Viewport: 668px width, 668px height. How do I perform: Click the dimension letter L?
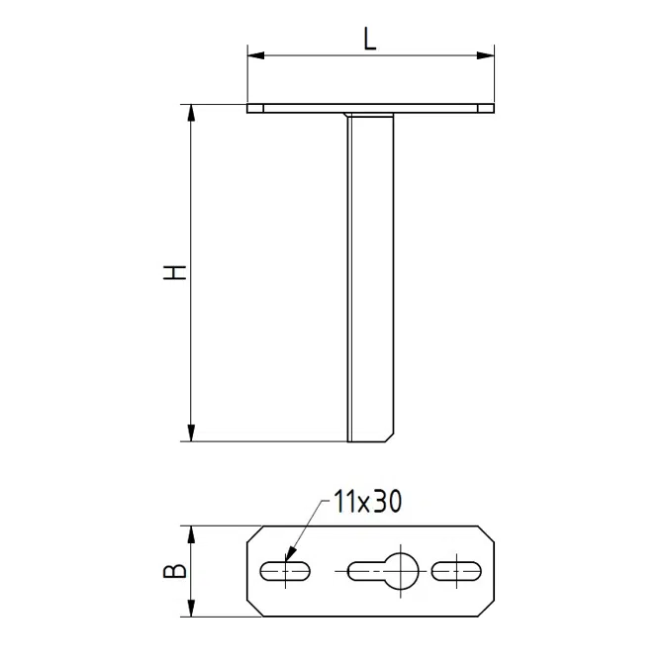pos(370,39)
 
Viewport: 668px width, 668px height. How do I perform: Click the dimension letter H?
pos(175,272)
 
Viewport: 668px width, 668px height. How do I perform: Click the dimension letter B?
pos(175,571)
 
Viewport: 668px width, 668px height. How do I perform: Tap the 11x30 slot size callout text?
pos(367,501)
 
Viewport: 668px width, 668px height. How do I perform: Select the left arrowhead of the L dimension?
pos(255,55)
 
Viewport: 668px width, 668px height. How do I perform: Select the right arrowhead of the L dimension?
pos(486,55)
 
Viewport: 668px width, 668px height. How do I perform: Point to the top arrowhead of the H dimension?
pos(191,113)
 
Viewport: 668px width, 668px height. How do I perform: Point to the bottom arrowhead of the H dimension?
pos(191,432)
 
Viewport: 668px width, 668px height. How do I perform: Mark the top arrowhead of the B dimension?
pos(191,534)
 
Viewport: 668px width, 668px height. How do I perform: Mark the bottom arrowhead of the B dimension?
pos(191,608)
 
